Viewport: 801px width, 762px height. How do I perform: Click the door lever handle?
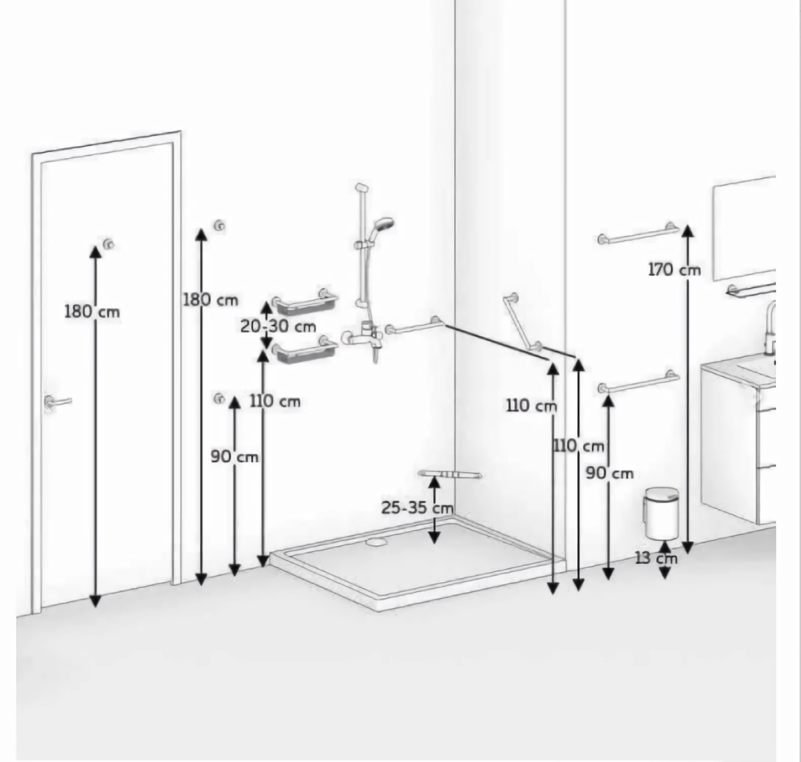(56, 402)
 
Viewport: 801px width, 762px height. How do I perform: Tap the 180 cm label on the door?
(92, 311)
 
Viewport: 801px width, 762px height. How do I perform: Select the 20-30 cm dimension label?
(278, 326)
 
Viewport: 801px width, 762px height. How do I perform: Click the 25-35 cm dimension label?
(418, 508)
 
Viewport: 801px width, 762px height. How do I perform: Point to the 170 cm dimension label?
(674, 269)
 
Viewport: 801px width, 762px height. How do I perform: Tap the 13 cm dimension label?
(656, 557)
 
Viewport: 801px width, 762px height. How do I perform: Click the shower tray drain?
(377, 541)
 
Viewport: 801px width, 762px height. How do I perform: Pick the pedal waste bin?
(662, 513)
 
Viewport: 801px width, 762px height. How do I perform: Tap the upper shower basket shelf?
(305, 302)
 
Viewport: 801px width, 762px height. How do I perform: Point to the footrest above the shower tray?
(449, 475)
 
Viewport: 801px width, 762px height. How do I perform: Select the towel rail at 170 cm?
(639, 234)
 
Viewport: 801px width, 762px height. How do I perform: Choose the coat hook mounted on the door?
(108, 244)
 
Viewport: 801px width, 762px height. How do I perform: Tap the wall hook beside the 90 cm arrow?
(219, 398)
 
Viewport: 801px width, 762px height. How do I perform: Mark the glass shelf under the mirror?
(751, 290)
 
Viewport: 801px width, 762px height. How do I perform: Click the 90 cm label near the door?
(234, 456)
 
